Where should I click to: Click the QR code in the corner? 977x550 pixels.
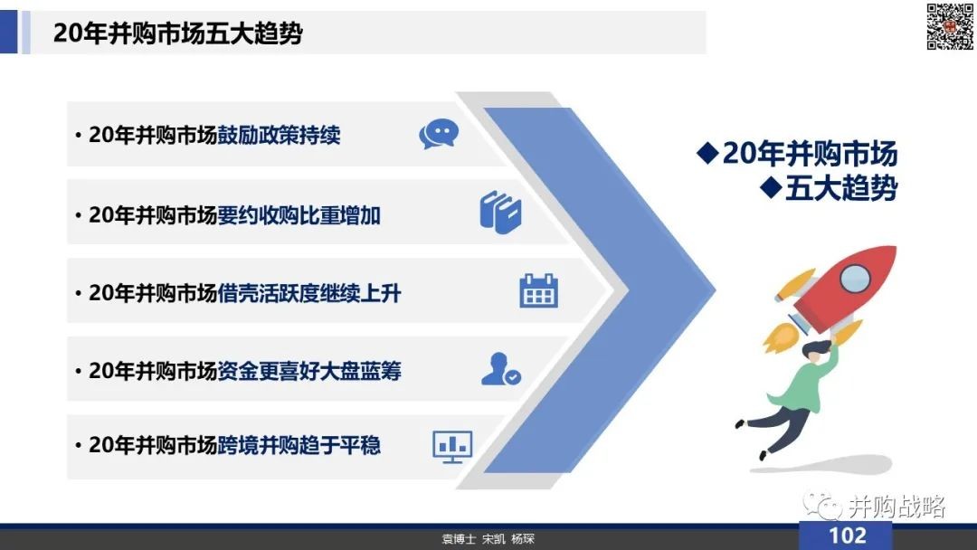[x=950, y=26]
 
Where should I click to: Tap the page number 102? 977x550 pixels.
[x=847, y=536]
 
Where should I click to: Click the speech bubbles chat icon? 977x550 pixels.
[x=439, y=133]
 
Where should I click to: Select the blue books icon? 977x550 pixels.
[x=500, y=212]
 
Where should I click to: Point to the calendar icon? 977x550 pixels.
[x=539, y=291]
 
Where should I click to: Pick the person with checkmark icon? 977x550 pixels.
[x=501, y=369]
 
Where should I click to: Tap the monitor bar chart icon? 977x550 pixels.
[x=452, y=447]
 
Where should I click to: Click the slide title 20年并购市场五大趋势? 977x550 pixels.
[x=177, y=33]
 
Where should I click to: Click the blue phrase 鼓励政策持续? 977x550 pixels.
[x=279, y=135]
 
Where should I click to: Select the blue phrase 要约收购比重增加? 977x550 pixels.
[x=299, y=215]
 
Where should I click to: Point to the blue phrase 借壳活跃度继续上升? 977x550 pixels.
[x=309, y=293]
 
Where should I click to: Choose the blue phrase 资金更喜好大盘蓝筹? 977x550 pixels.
[x=309, y=371]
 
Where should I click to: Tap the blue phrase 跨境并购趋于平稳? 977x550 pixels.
[x=299, y=445]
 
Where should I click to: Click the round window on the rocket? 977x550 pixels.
[x=855, y=278]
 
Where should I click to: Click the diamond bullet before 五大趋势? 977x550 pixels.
[x=771, y=188]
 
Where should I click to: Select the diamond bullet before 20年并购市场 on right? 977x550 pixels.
[x=707, y=153]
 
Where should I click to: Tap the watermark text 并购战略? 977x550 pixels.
[x=896, y=507]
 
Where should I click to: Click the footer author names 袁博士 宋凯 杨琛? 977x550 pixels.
[x=488, y=539]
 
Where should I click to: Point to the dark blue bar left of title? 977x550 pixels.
[x=9, y=33]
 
